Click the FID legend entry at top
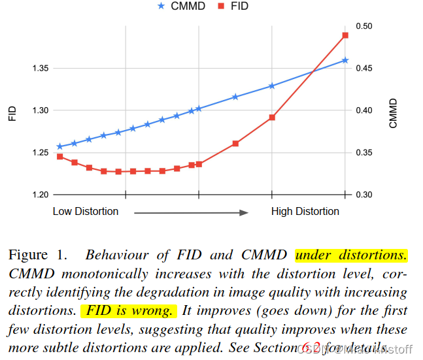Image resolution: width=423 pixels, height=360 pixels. coord(233,6)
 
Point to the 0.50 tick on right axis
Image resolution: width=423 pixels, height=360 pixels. coord(365,25)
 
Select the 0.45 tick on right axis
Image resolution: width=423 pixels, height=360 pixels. coord(365,68)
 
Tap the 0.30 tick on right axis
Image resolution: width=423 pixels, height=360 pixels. coord(365,195)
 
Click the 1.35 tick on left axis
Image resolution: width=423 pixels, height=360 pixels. coord(40,68)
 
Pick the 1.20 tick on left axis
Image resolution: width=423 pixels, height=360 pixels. coord(40,195)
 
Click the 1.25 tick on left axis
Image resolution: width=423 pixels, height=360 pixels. coord(40,153)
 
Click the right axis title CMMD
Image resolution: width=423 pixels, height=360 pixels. coord(393,112)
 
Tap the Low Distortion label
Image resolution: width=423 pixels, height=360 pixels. coord(86,211)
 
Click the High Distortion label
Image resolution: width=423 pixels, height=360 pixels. coord(305,211)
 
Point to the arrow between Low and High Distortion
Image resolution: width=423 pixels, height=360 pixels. coord(191,212)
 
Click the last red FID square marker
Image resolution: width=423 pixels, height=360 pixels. coord(345,35)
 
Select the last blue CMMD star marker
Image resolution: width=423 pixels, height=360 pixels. coord(345,60)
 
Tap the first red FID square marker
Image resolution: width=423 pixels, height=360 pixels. coord(59,157)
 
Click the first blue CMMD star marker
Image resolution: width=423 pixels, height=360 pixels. coord(59,146)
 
